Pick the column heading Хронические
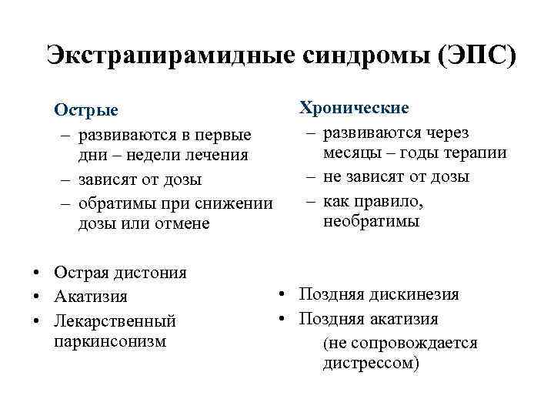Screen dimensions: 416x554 354,107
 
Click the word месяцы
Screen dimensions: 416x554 355,153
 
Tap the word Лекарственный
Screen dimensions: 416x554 115,320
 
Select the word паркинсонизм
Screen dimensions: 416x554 110,340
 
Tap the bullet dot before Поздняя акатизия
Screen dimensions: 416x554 284,319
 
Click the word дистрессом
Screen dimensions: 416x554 369,363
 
